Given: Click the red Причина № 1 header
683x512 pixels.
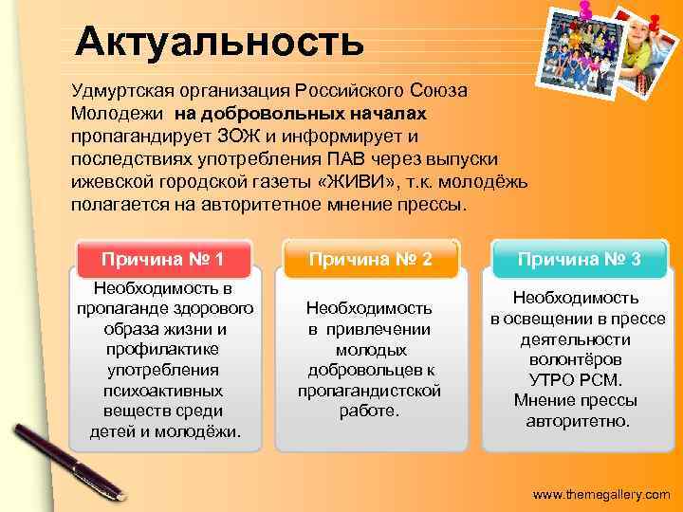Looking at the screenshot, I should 163,259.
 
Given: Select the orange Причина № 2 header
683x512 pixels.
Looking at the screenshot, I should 370,259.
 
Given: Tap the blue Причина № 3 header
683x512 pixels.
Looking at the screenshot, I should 579,259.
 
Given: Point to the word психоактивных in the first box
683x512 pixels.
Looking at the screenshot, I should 163,390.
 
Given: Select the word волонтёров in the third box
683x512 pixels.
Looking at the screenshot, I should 578,359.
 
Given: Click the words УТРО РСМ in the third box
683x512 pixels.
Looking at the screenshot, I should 578,379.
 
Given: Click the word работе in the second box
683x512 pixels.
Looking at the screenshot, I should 370,411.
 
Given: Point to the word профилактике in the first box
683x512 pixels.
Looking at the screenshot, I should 163,349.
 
